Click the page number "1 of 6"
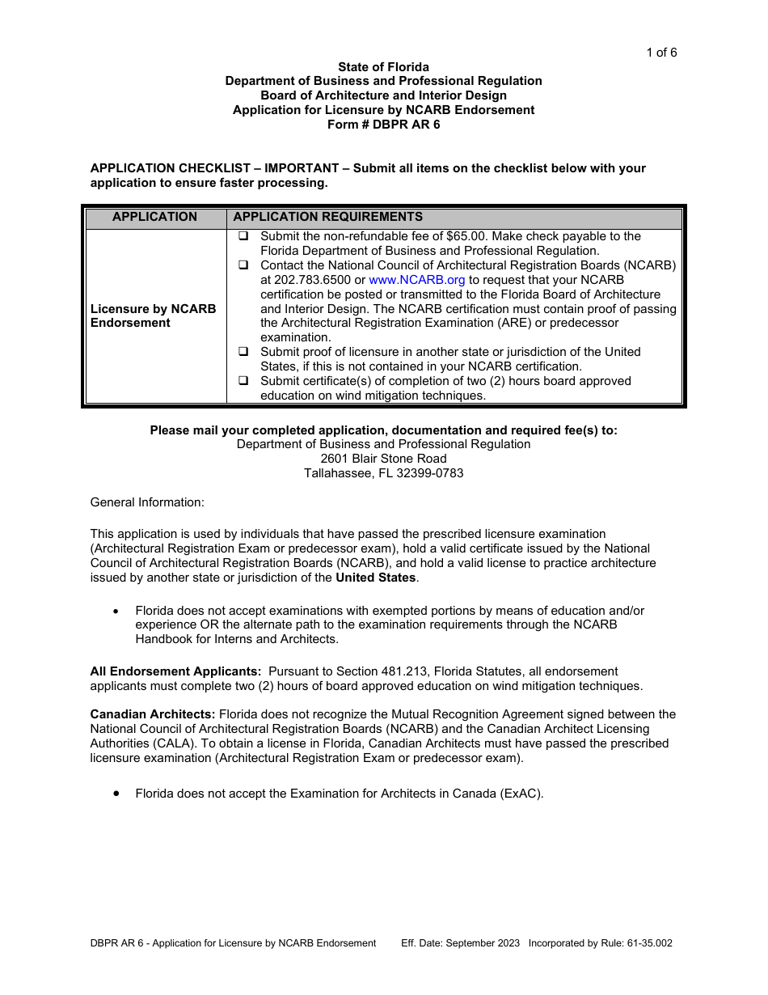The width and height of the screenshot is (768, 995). [660, 53]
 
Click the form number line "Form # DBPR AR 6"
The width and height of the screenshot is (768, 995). [383, 125]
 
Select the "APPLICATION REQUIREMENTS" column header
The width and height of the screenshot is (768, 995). [327, 217]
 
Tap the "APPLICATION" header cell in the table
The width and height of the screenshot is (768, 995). [154, 217]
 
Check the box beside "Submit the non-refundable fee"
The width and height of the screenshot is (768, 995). [243, 236]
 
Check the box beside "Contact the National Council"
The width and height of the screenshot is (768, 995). [243, 265]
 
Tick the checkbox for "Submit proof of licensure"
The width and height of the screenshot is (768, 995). [243, 352]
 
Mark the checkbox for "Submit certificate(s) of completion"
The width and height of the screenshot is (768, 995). [243, 381]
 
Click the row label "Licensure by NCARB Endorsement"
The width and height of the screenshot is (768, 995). [153, 315]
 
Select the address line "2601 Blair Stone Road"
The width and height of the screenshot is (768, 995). [383, 459]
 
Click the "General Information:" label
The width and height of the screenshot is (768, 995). [147, 502]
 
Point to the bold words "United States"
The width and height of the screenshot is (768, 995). [375, 578]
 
